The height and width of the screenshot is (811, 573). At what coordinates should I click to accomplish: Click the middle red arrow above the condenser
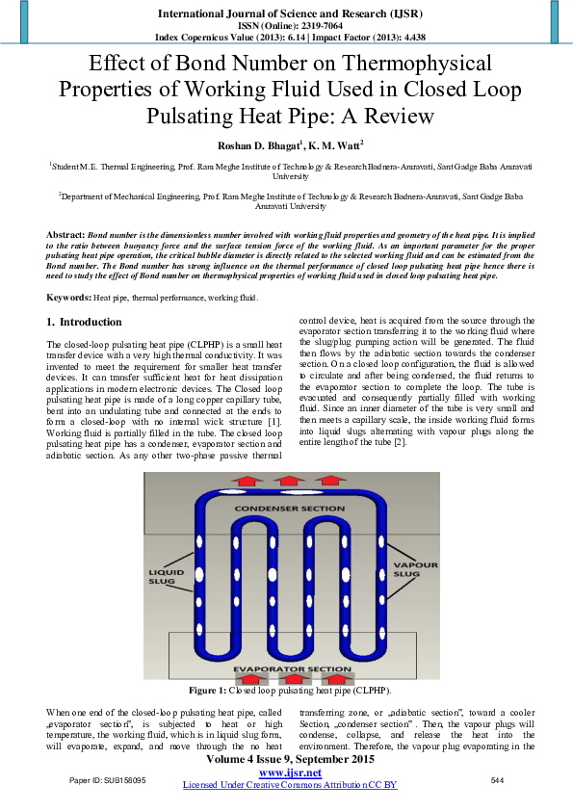pyautogui.click(x=287, y=480)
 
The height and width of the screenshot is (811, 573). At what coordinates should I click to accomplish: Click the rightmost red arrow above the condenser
pyautogui.click(x=333, y=480)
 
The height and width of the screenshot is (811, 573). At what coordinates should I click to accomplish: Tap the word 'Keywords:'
pyautogui.click(x=69, y=272)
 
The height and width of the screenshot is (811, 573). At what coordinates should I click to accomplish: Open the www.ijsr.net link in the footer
pyautogui.click(x=289, y=773)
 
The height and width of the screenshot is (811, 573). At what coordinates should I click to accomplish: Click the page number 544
pyautogui.click(x=497, y=779)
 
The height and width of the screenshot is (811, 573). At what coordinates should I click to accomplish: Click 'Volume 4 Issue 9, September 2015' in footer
pyautogui.click(x=289, y=761)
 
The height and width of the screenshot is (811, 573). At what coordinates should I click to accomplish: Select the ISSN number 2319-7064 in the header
pyautogui.click(x=308, y=26)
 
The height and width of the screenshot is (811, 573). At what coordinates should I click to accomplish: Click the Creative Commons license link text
pyautogui.click(x=289, y=785)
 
